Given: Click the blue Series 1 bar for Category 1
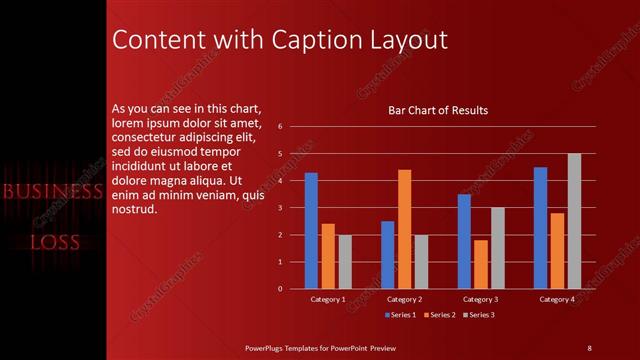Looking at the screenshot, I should tap(311, 230).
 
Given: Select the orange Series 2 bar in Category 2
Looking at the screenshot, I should tap(404, 229).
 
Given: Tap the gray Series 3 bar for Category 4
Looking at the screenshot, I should tap(574, 221).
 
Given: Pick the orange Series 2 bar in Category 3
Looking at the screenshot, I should tap(481, 264).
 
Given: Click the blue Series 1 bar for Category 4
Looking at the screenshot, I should tap(540, 228).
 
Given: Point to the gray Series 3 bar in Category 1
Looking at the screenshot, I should tap(345, 262).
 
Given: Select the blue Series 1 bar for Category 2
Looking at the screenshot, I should tap(387, 255).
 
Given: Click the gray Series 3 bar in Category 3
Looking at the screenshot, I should tap(498, 248).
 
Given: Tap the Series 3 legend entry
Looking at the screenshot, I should tap(481, 315).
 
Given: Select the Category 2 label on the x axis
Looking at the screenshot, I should tap(404, 299).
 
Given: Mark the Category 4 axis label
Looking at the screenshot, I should tap(557, 299).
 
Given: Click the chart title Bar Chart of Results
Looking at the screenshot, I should tap(438, 110).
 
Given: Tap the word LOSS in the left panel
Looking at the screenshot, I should tap(54, 242).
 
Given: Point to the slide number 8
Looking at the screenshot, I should tap(589, 347).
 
